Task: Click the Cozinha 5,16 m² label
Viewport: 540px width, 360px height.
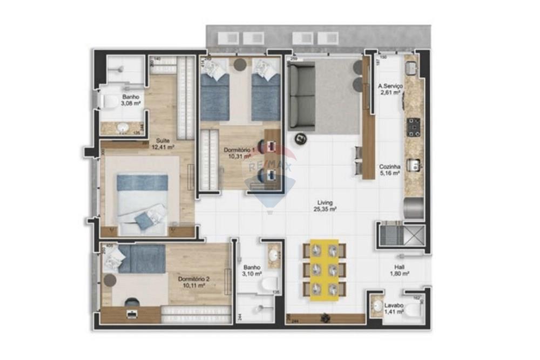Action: click(389, 170)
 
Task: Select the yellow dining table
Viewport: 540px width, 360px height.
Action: click(324, 269)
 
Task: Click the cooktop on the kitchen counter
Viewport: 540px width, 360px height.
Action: click(414, 127)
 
